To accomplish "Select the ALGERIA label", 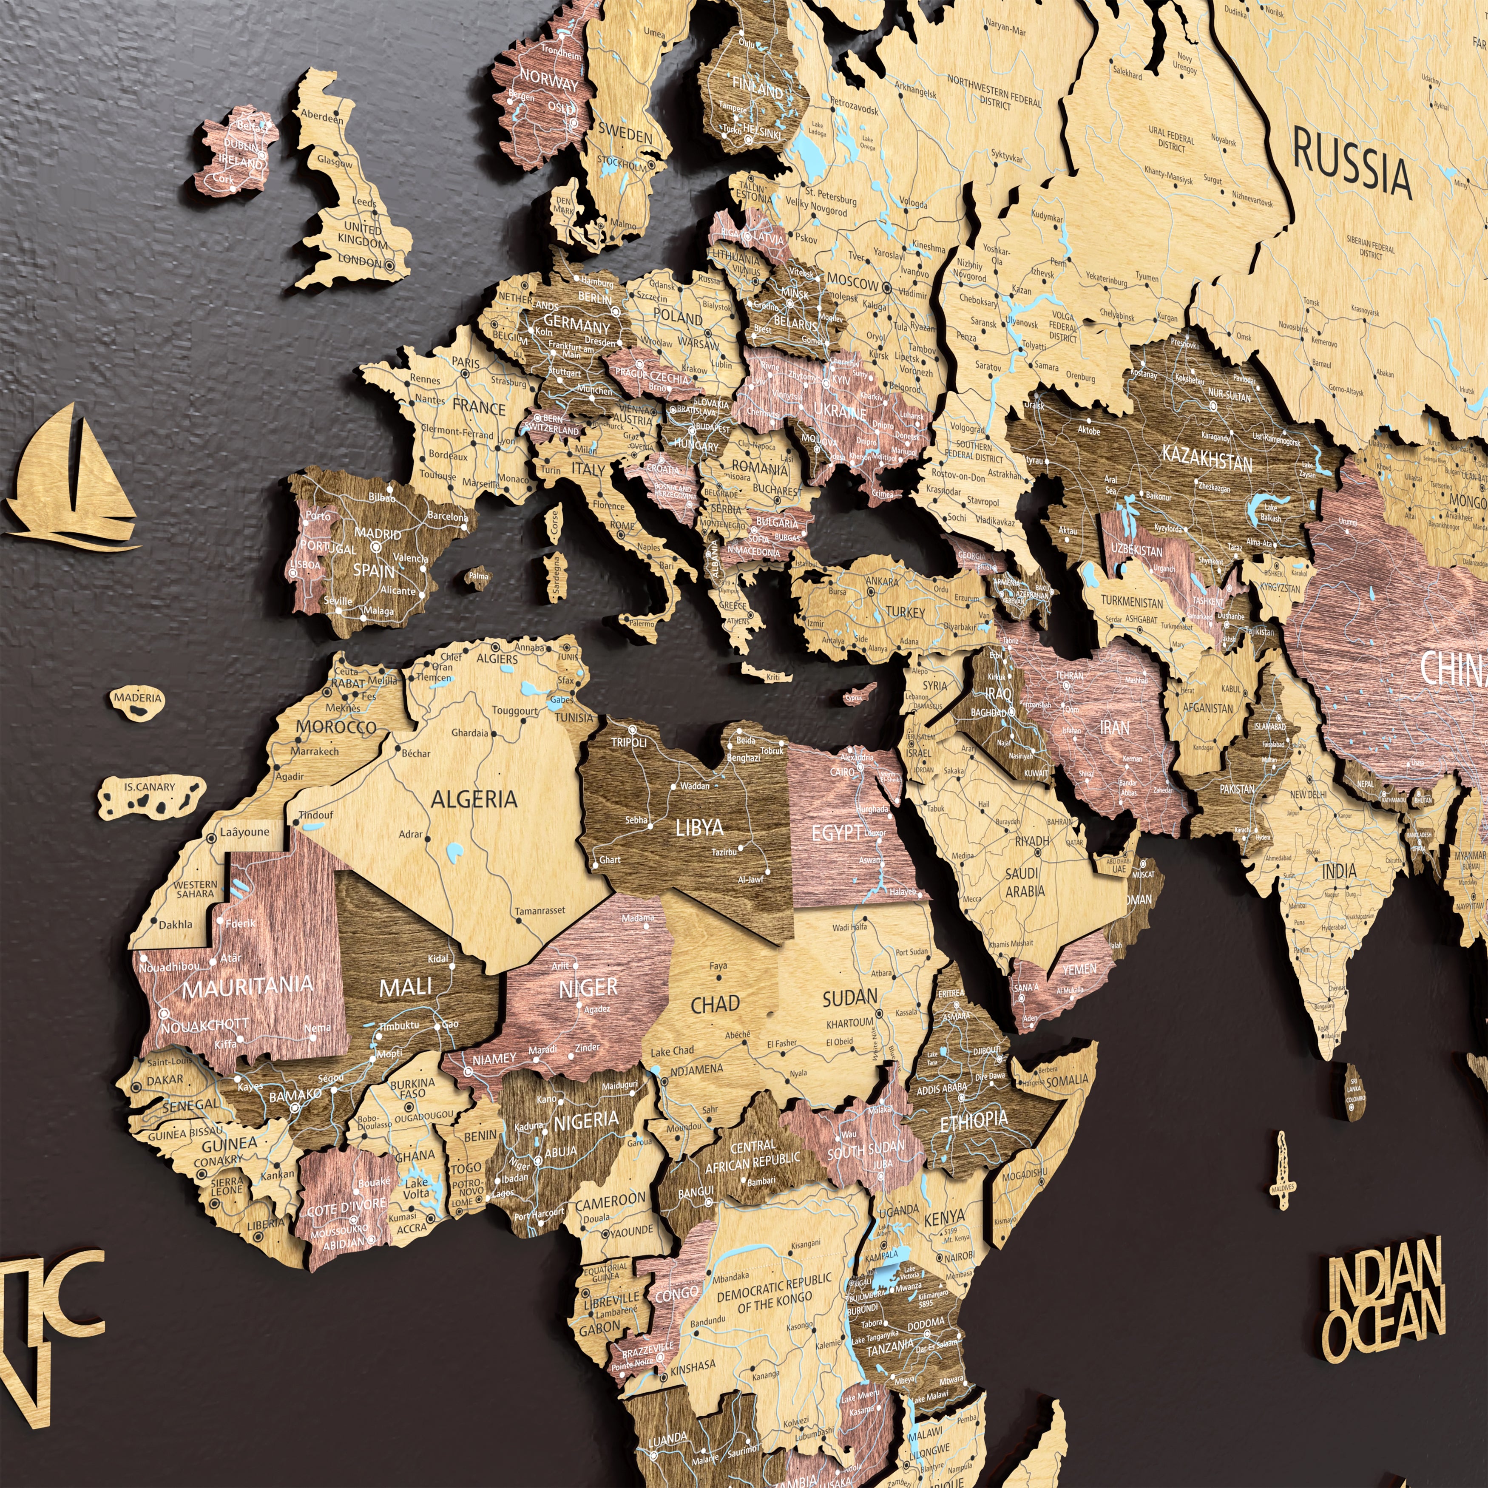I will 474,799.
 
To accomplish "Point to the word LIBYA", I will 699,828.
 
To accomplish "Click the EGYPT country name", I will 836,832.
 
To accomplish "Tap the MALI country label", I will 406,987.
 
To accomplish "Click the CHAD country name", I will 715,1004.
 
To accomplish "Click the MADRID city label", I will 378,534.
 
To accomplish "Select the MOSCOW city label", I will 852,283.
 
